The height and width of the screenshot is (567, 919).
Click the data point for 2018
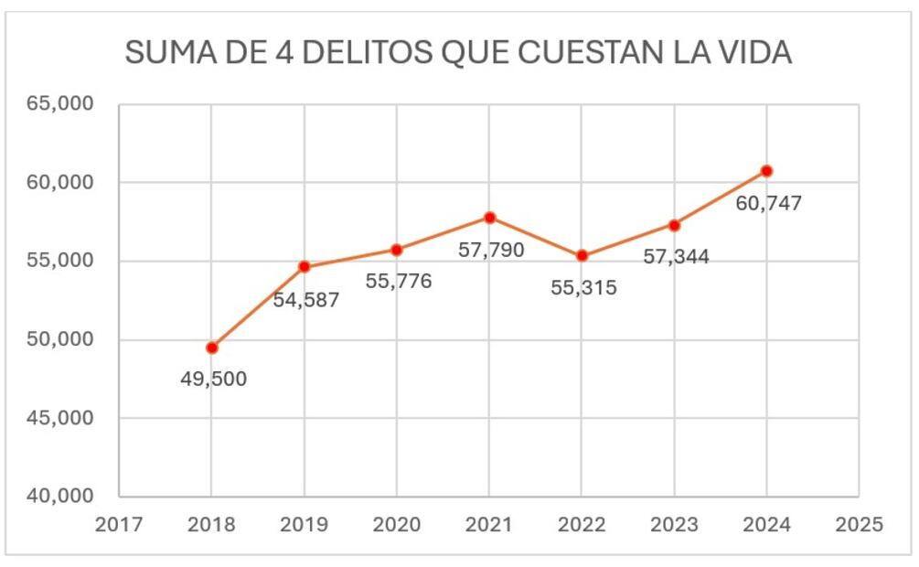[x=212, y=348]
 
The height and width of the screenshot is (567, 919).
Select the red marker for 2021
[x=489, y=218]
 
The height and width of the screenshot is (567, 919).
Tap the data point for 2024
[x=766, y=171]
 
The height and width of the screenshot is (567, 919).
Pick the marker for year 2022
[x=582, y=256]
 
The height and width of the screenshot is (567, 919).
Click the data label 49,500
[x=212, y=379]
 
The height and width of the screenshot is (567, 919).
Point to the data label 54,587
[x=305, y=299]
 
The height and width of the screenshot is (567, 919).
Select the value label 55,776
[x=398, y=282]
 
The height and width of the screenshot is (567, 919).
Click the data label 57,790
[x=491, y=249]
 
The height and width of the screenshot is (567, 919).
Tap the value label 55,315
[x=583, y=288]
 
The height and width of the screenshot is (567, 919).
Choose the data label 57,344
[x=676, y=257]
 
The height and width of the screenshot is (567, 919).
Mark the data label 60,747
[x=768, y=203]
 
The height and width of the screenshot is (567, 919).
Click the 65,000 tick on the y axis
[x=59, y=104]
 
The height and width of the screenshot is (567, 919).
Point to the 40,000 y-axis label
[x=59, y=497]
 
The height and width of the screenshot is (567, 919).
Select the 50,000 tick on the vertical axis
[x=59, y=339]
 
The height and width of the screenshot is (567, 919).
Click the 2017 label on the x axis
[x=119, y=526]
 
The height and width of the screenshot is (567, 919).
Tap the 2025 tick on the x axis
[x=859, y=526]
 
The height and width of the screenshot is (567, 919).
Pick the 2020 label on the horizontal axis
[x=397, y=526]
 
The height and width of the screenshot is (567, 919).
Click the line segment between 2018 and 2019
[x=259, y=307]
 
